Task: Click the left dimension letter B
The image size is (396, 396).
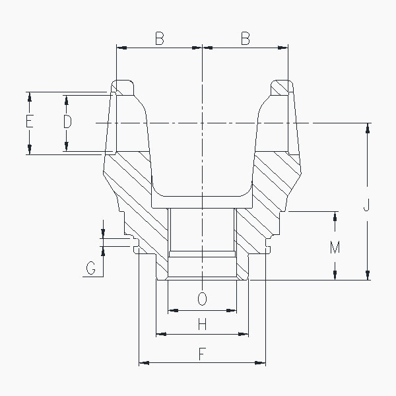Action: tap(159, 39)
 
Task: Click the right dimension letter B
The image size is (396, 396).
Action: tap(245, 39)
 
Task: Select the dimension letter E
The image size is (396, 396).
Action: tap(29, 122)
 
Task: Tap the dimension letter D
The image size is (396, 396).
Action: tap(67, 122)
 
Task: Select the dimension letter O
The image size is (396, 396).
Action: tap(202, 299)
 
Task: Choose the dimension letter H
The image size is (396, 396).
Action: tap(202, 324)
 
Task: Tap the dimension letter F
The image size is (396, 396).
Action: tap(202, 354)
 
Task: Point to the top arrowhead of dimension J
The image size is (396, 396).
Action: tap(367, 127)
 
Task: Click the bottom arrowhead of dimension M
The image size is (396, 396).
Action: tap(335, 276)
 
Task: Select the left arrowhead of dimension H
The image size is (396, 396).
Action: tap(160, 335)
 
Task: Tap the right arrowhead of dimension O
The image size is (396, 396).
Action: tap(232, 309)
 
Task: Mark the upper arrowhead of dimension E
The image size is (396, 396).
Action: tap(29, 96)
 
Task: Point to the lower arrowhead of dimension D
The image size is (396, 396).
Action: tap(67, 148)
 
